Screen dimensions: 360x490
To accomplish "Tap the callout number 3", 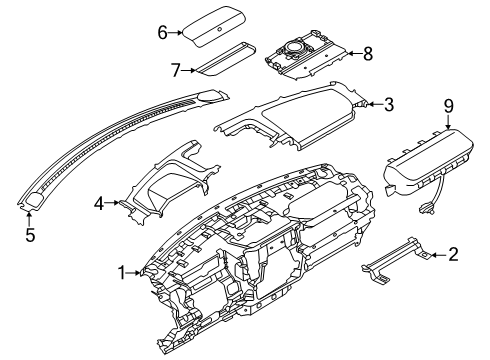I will click(389, 102).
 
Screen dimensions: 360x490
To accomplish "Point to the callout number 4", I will click(99, 203).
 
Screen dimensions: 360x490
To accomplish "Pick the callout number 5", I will click(29, 237).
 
